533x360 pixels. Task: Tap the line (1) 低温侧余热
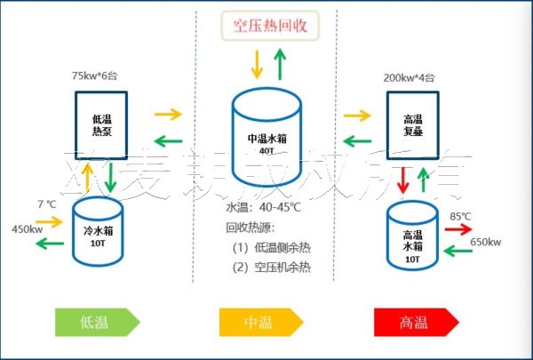tap(272, 247)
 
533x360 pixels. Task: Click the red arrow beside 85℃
tap(458, 228)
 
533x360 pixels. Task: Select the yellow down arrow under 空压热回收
tap(257, 63)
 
